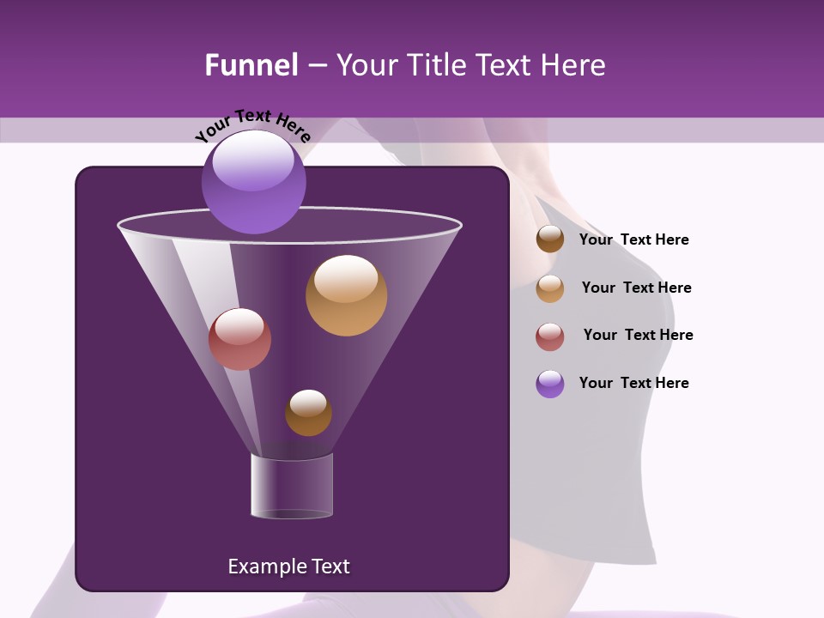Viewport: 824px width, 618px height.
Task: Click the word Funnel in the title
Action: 251,65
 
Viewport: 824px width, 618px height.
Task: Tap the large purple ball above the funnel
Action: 253,182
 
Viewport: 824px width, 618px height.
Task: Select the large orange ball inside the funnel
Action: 346,295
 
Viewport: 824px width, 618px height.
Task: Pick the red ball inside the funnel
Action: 239,339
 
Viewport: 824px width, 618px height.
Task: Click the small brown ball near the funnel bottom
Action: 308,413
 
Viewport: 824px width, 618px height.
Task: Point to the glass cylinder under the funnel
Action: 292,486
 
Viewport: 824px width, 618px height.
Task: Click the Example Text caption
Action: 288,566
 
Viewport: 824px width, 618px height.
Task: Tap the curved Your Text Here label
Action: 253,125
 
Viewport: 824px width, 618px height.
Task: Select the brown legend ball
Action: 550,239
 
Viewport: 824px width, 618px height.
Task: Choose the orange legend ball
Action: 550,288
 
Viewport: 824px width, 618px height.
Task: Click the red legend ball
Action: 550,336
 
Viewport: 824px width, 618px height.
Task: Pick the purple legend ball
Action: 550,384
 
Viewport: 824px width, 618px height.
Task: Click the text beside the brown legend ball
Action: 633,239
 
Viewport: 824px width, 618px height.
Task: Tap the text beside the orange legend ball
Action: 636,288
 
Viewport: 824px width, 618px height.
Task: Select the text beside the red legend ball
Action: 638,335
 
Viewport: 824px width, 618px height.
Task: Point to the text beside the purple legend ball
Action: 633,383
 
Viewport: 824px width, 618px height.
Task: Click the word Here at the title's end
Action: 574,65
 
